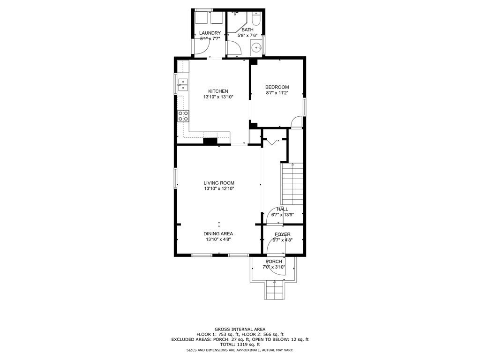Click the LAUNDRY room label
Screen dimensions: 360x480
coord(210,33)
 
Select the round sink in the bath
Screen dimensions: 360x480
coord(256,47)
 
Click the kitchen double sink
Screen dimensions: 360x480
coord(183,85)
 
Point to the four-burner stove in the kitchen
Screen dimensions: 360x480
coord(183,116)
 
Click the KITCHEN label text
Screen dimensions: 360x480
coord(218,91)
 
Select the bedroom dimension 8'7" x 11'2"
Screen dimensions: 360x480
coord(277,93)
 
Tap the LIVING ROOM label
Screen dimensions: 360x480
coord(218,183)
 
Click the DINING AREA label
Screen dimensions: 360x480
coord(218,233)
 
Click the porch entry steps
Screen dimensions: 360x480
coord(274,291)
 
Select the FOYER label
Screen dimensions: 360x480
coord(282,234)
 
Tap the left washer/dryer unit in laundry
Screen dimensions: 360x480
coord(202,17)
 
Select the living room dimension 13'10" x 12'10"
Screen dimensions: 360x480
coord(218,188)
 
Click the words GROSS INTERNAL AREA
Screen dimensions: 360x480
coord(240,329)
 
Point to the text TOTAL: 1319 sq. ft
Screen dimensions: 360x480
coord(240,345)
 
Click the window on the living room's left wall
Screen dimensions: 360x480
coord(176,178)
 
